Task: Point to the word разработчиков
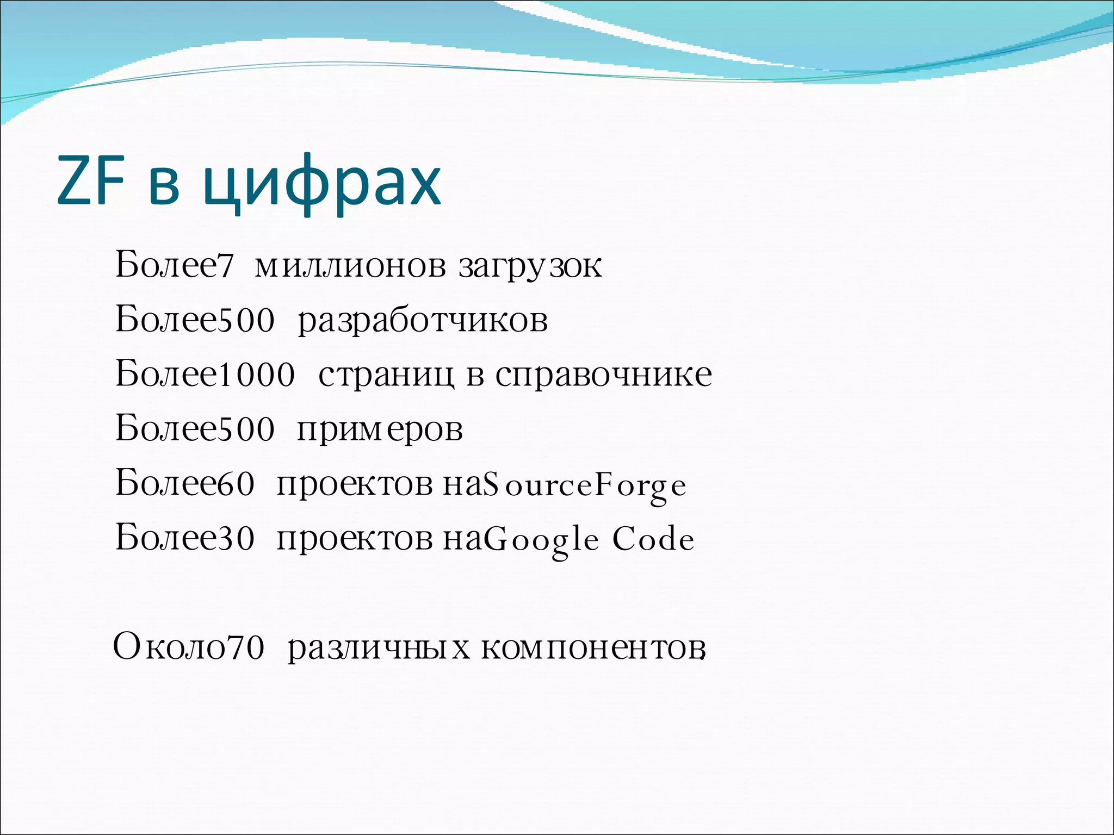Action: pyautogui.click(x=423, y=321)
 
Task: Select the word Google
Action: pyautogui.click(x=541, y=540)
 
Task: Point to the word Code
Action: pyautogui.click(x=653, y=539)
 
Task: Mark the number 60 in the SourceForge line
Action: pyautogui.click(x=236, y=484)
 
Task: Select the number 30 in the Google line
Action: pyautogui.click(x=236, y=539)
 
